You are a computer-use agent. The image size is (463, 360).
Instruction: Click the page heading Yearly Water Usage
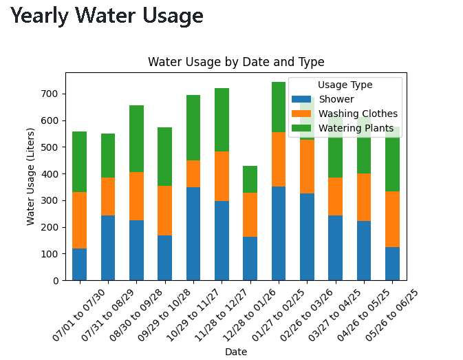click(x=107, y=16)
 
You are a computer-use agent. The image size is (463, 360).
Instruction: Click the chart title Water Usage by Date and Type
click(x=236, y=62)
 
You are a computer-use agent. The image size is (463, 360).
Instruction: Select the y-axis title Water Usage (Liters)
click(x=30, y=176)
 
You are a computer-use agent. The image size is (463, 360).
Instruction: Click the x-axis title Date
click(x=236, y=352)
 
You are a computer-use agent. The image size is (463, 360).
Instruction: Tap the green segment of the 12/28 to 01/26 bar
click(x=250, y=179)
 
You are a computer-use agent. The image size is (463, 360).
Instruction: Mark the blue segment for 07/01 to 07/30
click(x=80, y=264)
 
